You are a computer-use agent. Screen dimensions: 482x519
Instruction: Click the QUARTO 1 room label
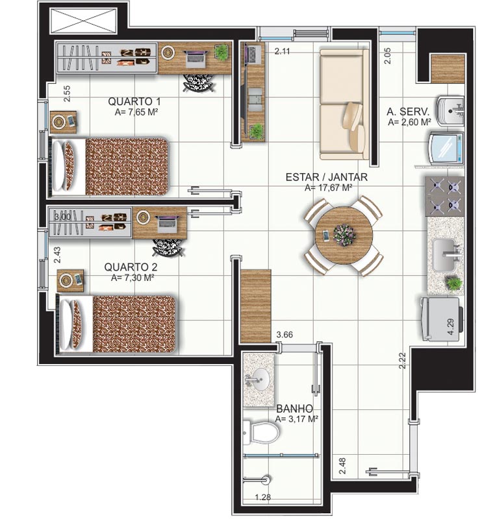point(134,101)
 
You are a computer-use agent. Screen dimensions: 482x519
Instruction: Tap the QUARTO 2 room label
point(131,267)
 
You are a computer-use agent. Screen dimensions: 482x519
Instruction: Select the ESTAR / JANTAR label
point(327,176)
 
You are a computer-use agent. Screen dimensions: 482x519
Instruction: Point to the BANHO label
point(295,408)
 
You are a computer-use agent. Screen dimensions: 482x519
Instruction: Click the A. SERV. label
point(408,112)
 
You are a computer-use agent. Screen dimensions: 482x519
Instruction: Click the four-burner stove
point(444,196)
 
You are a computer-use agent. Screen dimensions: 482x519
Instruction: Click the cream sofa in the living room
point(344,104)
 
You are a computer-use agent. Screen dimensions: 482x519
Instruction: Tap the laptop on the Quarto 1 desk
point(197,57)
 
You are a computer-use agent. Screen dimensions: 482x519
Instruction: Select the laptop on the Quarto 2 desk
point(168,224)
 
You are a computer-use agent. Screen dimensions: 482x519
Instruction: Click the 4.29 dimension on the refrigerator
point(451,327)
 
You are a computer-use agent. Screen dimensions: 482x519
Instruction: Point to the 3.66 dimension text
point(285,335)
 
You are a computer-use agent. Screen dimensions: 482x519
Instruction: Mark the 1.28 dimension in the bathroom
point(263,497)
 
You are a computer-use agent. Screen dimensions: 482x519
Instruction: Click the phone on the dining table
point(326,235)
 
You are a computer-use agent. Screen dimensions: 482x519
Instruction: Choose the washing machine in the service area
point(446,148)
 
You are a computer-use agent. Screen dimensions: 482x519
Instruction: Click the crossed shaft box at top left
point(83,21)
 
